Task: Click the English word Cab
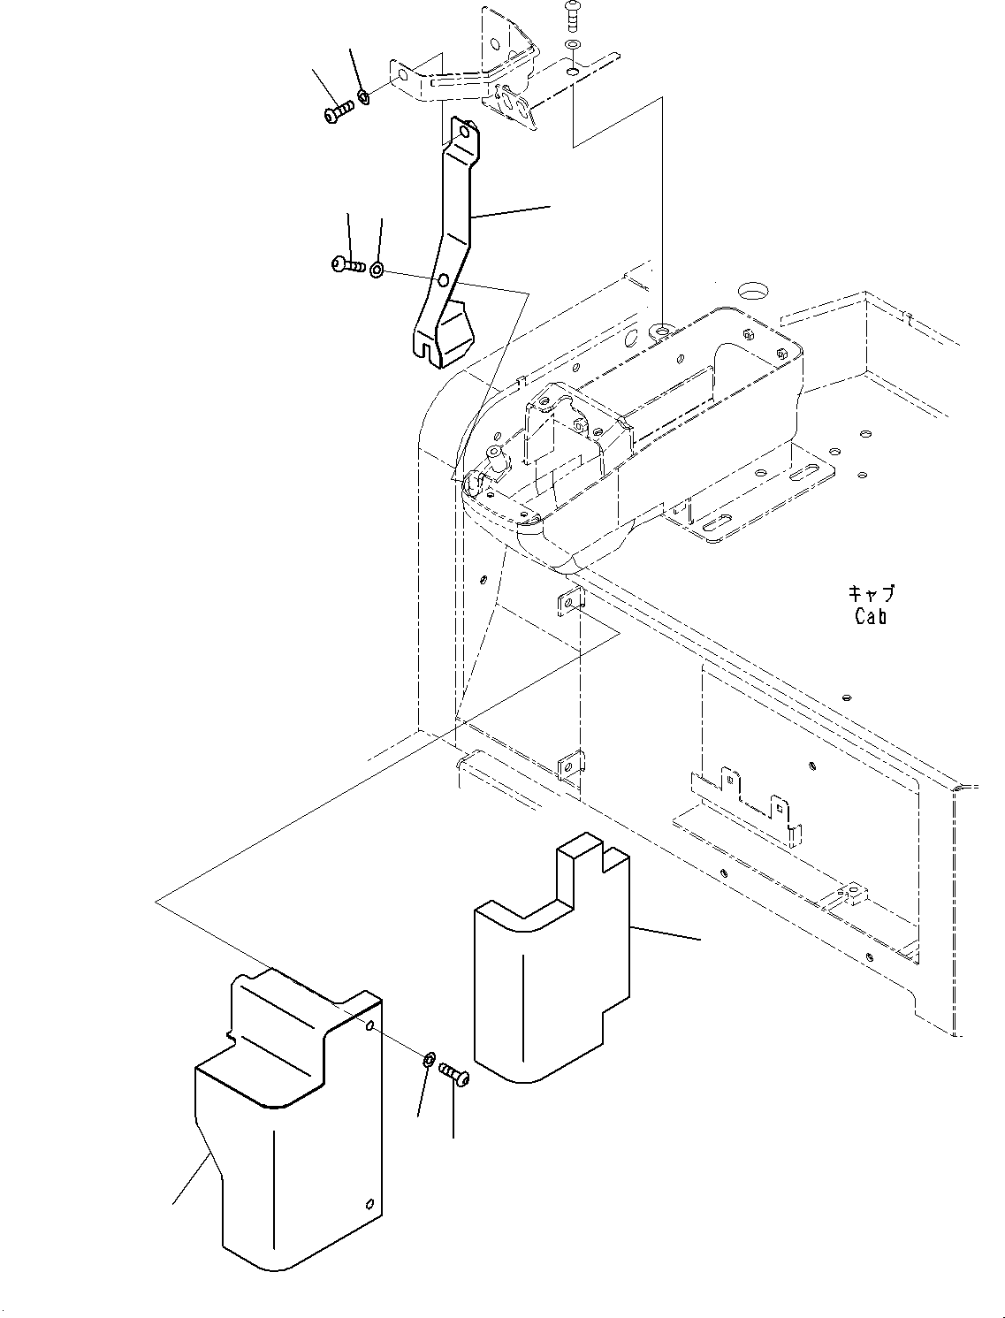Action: tap(870, 617)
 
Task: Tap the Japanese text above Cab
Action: tap(871, 594)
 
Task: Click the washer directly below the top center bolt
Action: tap(572, 43)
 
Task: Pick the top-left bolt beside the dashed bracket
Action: tap(339, 112)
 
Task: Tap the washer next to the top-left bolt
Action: tap(364, 95)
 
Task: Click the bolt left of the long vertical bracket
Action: tap(349, 263)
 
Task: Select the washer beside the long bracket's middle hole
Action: tap(377, 269)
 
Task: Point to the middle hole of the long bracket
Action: tap(443, 282)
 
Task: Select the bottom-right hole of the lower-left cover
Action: tap(369, 1202)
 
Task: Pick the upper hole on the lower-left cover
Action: tap(370, 1025)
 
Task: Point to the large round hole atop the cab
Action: tap(753, 291)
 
